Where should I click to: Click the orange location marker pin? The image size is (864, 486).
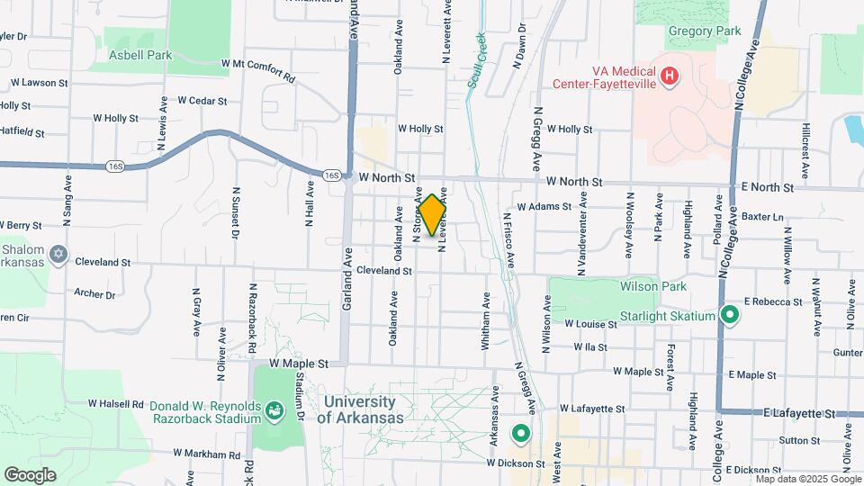coord(432,214)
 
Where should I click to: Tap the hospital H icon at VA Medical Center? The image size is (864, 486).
coord(669,76)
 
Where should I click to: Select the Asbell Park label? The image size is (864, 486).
coord(140,55)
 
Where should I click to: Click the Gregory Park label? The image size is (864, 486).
coord(705,31)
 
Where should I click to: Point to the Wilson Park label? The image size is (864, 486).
coord(653,286)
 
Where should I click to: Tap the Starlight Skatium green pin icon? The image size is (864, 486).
coord(730,316)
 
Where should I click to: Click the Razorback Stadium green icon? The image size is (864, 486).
coord(276,412)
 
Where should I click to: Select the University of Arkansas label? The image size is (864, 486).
coord(359,409)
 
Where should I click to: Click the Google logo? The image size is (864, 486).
coord(30,474)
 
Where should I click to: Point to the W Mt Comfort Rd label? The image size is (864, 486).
coord(257,70)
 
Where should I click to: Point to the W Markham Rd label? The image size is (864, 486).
coord(209,453)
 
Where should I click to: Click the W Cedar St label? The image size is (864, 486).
coord(202,100)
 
